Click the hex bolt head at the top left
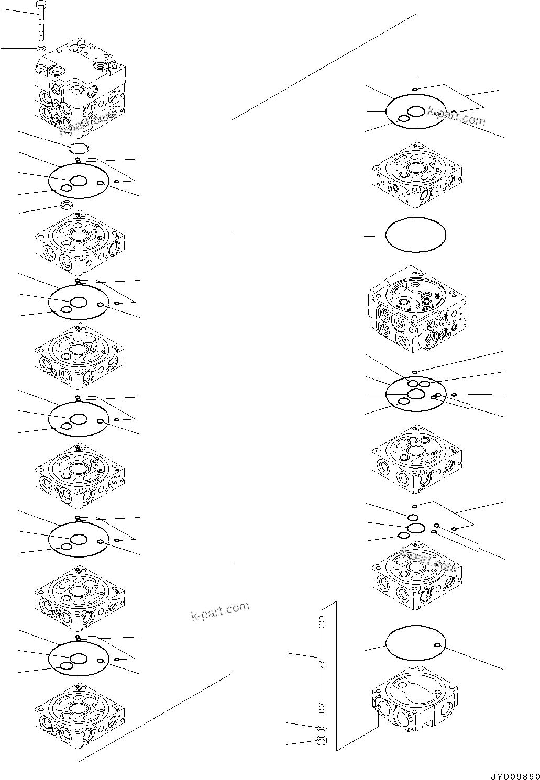pyautogui.click(x=42, y=9)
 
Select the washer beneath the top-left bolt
pyautogui.click(x=41, y=49)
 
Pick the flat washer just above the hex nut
pyautogui.click(x=322, y=728)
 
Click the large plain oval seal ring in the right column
pyautogui.click(x=415, y=235)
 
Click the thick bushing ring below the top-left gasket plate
pyautogui.click(x=67, y=205)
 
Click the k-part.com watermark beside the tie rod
pyautogui.click(x=220, y=610)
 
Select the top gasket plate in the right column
pyautogui.click(x=415, y=112)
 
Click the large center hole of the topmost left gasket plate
pyautogui.click(x=79, y=181)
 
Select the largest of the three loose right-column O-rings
pyautogui.click(x=415, y=528)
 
